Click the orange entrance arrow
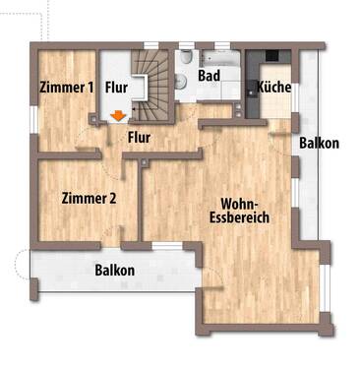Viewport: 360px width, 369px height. click(x=119, y=116)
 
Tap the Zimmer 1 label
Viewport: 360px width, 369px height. click(x=67, y=88)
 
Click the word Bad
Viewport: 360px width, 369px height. click(x=209, y=74)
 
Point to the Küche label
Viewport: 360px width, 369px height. click(x=272, y=88)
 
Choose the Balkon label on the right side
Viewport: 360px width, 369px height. click(x=320, y=143)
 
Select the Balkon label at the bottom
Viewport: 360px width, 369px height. click(x=114, y=270)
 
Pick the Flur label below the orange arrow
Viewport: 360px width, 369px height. click(x=139, y=137)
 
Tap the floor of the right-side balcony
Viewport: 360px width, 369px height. click(x=313, y=197)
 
